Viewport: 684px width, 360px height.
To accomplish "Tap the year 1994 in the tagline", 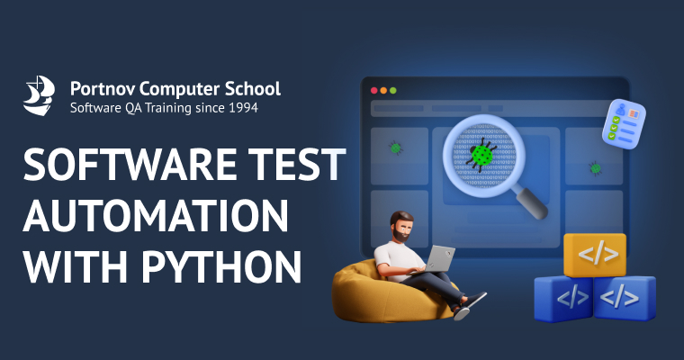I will click(x=240, y=108).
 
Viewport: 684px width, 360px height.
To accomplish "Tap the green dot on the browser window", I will click(x=393, y=90).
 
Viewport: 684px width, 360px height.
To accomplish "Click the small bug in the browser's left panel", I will click(x=395, y=146).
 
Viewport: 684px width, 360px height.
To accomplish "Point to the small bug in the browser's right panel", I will click(x=595, y=166).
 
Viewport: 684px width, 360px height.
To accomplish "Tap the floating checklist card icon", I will click(x=623, y=122).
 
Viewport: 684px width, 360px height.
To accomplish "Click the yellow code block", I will click(x=594, y=255).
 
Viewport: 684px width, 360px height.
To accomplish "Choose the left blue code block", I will click(x=562, y=297).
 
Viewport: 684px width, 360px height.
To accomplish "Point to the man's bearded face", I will click(x=402, y=229).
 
